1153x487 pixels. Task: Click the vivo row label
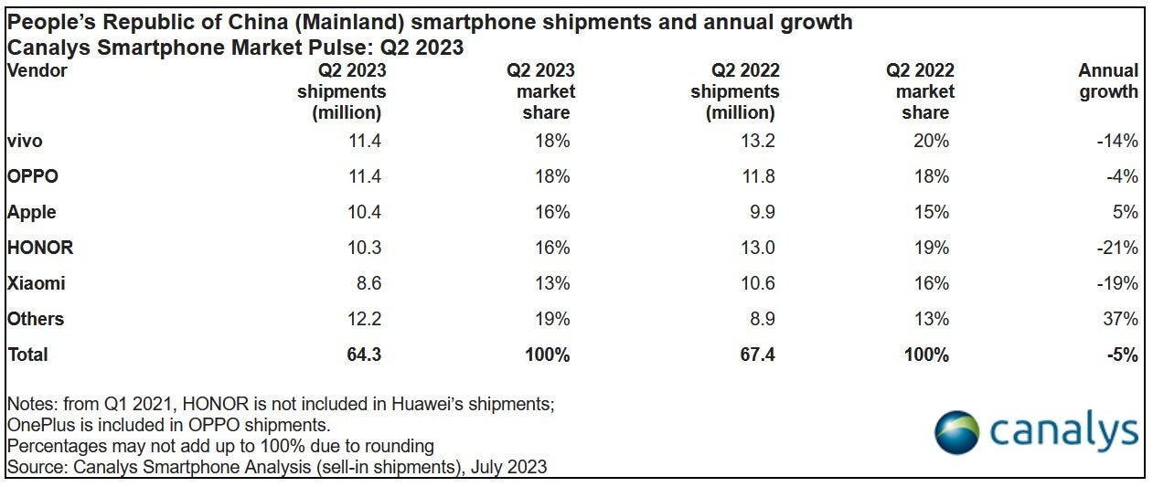click(x=25, y=141)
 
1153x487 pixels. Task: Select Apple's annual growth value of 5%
click(x=1126, y=212)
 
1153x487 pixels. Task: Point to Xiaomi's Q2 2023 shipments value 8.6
click(x=369, y=283)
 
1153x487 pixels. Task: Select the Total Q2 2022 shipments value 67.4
click(x=757, y=355)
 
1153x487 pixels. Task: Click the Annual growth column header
click(x=1108, y=81)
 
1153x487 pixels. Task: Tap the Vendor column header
click(x=37, y=70)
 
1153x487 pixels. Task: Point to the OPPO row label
click(x=33, y=176)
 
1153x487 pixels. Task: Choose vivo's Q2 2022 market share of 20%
click(x=931, y=141)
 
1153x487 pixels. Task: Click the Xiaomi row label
click(x=36, y=283)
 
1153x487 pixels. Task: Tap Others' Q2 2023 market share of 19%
click(x=552, y=319)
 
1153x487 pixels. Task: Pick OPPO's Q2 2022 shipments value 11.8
click(x=758, y=176)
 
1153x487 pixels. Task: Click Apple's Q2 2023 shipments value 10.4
click(x=366, y=212)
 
